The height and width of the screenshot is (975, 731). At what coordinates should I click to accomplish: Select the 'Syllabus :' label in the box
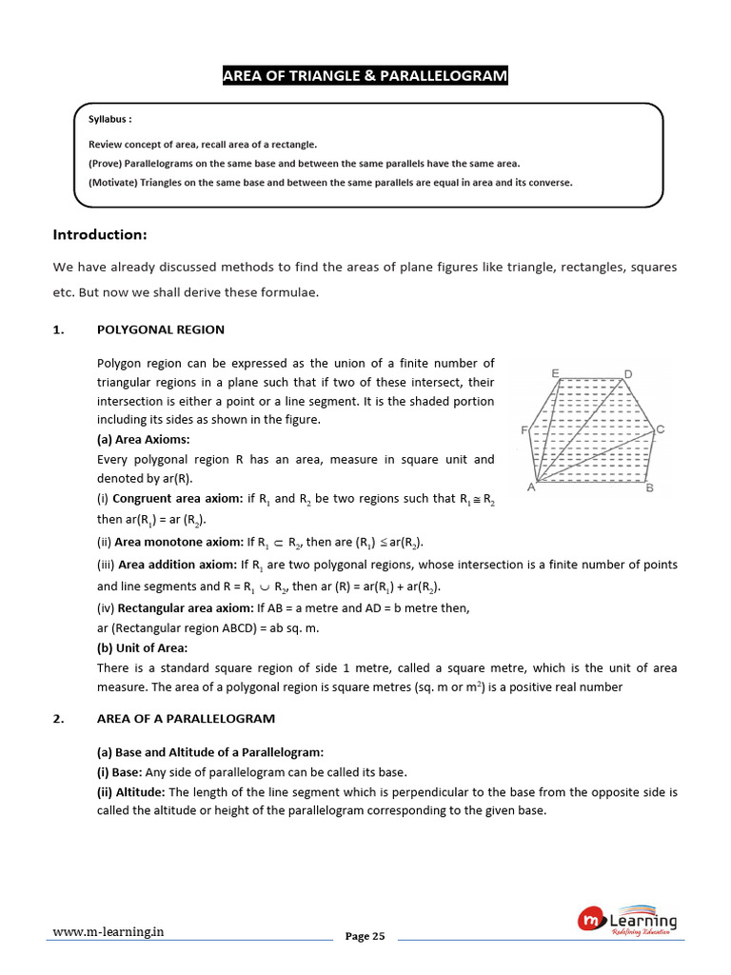(x=109, y=121)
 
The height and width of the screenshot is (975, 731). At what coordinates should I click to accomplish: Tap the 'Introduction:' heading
(x=100, y=234)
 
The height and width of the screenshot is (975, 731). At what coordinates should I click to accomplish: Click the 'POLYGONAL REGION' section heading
(x=161, y=329)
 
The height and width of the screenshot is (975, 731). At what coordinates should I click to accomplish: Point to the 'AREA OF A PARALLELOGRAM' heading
(x=186, y=719)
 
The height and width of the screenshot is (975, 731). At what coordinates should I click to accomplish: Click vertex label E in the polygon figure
(x=555, y=371)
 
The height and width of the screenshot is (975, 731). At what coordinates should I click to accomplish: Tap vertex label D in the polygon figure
(x=627, y=373)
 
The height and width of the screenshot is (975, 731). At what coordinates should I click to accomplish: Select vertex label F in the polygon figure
(x=524, y=430)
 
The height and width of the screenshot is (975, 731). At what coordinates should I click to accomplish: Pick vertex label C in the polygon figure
(x=660, y=429)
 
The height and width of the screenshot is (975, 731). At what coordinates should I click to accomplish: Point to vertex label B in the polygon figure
(x=649, y=489)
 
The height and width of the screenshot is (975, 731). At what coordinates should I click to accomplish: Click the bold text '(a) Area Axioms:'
(x=143, y=439)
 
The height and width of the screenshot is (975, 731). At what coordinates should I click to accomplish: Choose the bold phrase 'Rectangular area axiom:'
(x=185, y=607)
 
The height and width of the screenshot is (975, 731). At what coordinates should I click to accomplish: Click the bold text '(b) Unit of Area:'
(x=143, y=647)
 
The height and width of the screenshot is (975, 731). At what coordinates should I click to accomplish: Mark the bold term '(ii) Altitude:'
(x=131, y=792)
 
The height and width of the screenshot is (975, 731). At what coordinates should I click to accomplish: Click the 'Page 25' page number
(x=365, y=937)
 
